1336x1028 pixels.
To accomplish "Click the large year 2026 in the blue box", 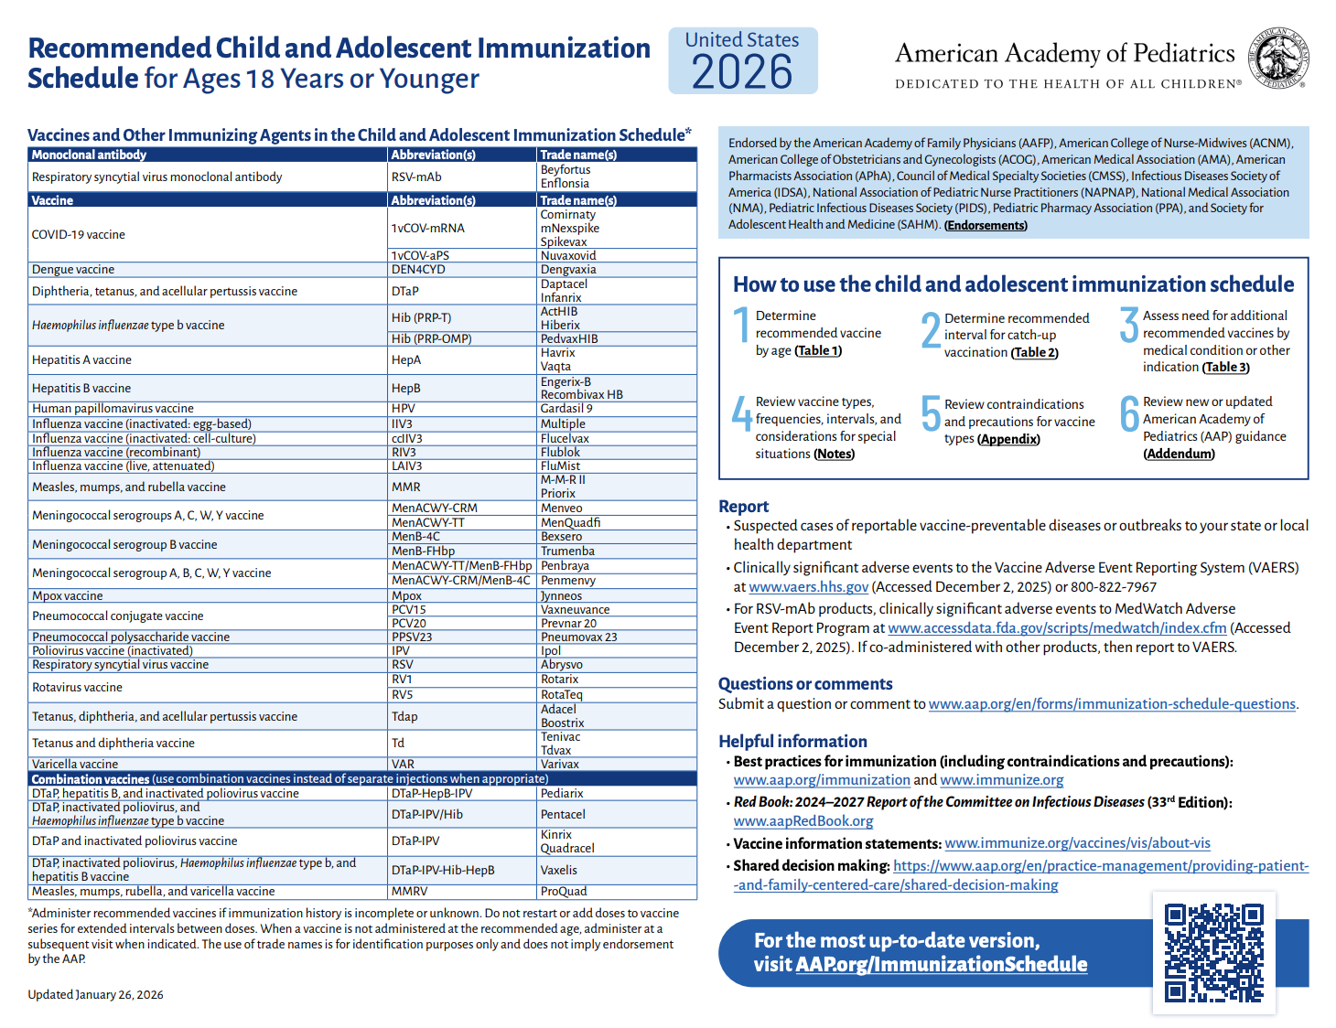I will coord(742,72).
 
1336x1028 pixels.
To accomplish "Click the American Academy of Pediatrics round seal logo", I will coord(1280,59).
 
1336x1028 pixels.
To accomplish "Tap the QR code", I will coord(1213,953).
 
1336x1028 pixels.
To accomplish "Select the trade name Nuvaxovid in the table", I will coord(567,256).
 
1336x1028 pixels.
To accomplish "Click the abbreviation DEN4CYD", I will coord(418,270).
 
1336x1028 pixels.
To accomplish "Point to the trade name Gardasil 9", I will coord(566,409).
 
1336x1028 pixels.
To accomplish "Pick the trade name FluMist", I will coord(560,466).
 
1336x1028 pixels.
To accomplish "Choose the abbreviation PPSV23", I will coord(412,637).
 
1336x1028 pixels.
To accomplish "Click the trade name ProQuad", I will coord(564,892).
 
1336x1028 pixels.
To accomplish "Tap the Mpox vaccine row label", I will coord(68,596).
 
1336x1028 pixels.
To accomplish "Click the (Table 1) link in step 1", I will coord(817,351).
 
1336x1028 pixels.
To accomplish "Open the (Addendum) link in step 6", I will coord(1179,455).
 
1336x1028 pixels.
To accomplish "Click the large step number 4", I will coord(742,413).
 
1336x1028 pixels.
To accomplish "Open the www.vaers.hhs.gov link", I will coord(808,587).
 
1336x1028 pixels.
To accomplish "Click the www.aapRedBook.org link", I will coord(803,821).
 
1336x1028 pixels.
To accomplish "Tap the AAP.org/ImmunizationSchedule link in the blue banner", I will coord(941,965).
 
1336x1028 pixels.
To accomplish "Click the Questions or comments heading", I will coord(804,684).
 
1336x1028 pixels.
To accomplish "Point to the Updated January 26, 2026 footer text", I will coord(95,995).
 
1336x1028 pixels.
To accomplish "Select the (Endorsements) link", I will coord(985,226).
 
